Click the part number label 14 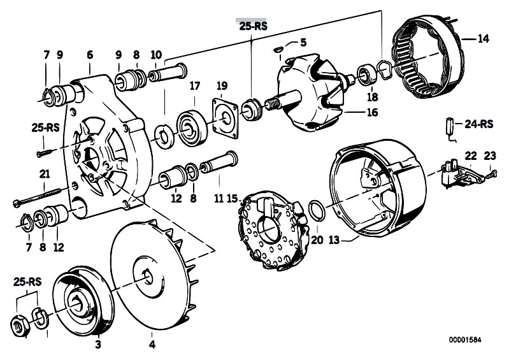[x=483, y=39]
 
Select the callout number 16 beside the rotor [x=372, y=112]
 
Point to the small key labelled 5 [x=278, y=49]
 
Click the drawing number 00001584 [x=465, y=340]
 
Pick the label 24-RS [x=479, y=124]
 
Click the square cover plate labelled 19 [x=226, y=119]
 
